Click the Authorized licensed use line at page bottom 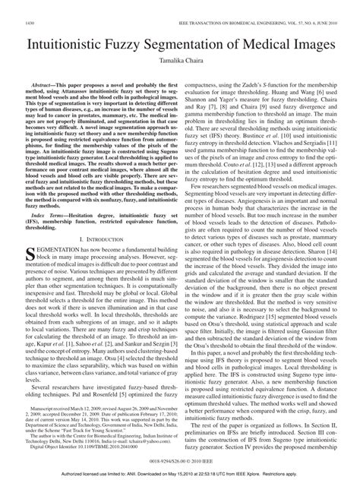point(180,473)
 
